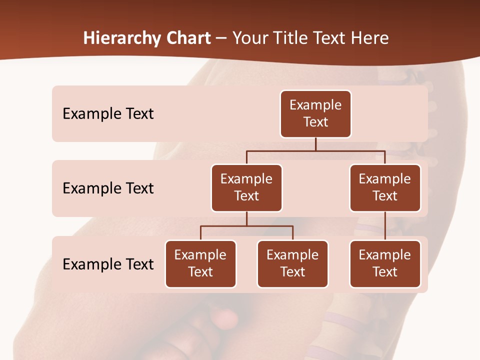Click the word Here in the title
(370, 38)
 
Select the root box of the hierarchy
(315, 113)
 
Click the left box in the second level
(246, 187)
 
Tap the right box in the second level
(385, 187)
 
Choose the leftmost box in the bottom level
(200, 263)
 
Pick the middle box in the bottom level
(292, 263)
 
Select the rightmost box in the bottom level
(385, 263)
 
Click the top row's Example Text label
(108, 113)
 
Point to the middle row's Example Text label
(108, 188)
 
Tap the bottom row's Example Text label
(108, 264)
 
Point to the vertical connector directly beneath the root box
(315, 144)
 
